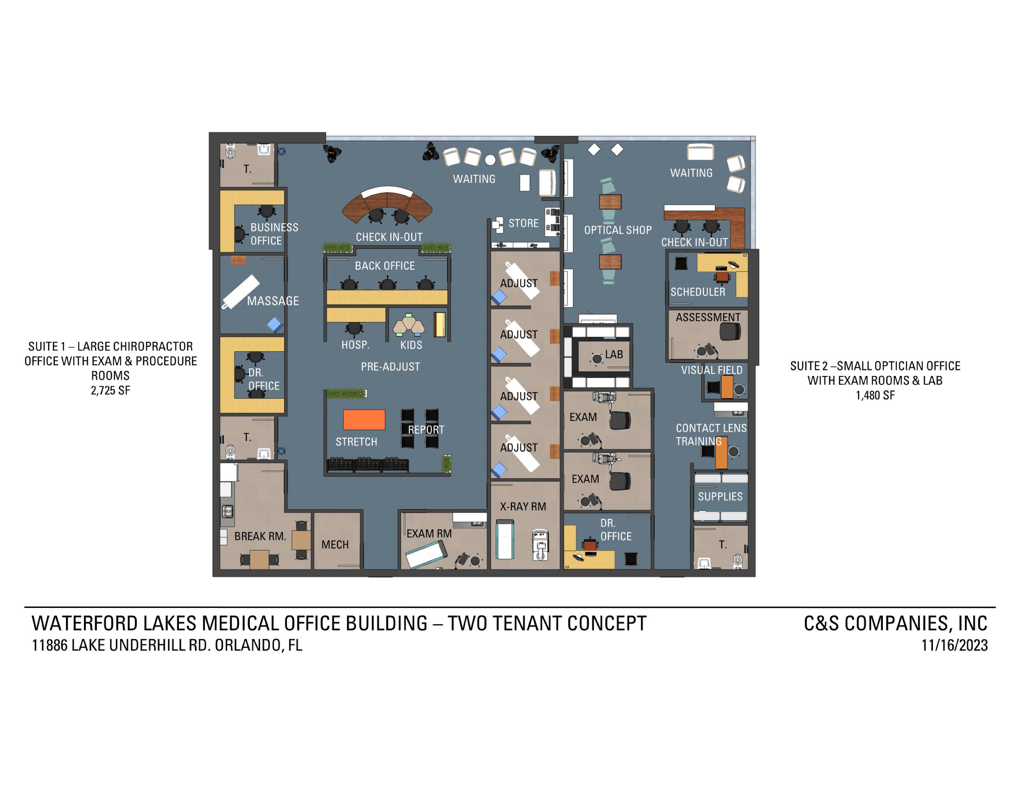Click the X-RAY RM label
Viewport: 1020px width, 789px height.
tap(523, 507)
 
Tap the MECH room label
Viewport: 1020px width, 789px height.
tap(335, 544)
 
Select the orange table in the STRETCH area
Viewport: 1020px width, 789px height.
tap(364, 419)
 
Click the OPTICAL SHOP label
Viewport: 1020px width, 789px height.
tap(618, 230)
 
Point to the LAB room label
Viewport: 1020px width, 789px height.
tap(614, 355)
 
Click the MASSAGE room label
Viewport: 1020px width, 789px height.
tap(273, 301)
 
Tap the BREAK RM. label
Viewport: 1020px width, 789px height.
tap(260, 536)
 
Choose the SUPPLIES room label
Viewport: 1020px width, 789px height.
tap(720, 496)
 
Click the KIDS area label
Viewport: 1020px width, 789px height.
tap(411, 345)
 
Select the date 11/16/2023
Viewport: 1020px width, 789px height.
tap(954, 645)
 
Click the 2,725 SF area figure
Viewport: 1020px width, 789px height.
tap(111, 390)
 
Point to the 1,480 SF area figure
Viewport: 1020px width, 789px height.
tap(875, 395)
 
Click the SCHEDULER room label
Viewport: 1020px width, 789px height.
tap(698, 292)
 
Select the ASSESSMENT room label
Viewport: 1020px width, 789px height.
tap(708, 318)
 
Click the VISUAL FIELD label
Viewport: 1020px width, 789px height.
tap(711, 370)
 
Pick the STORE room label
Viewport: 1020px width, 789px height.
tap(523, 223)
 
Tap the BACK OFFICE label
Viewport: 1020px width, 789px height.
tap(385, 266)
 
